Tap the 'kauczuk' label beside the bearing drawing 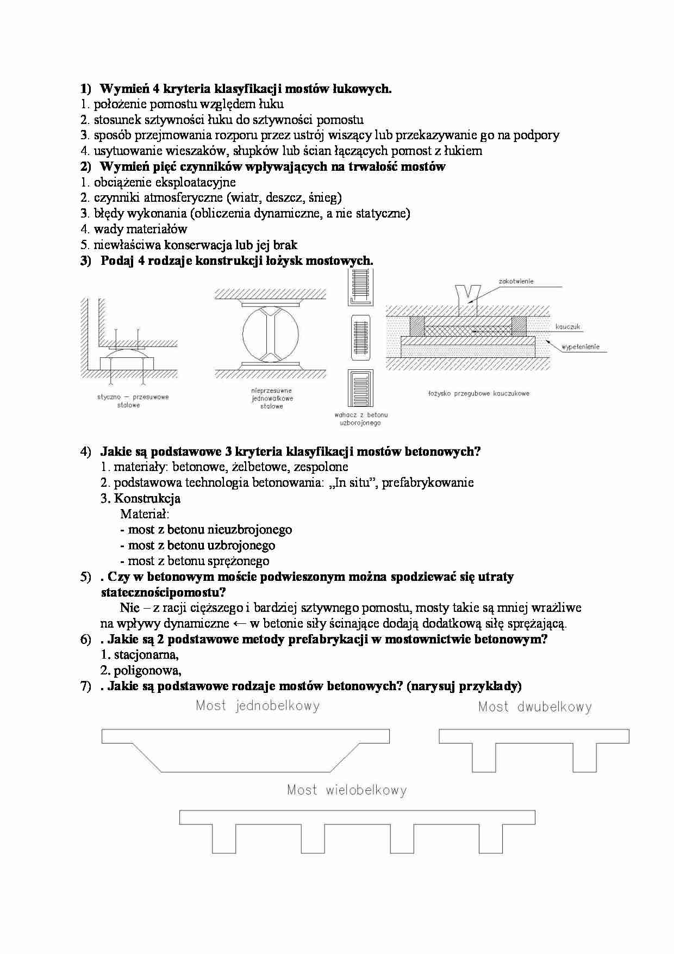[568, 327]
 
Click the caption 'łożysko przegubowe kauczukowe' [478, 393]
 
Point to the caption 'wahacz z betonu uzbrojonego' [360, 419]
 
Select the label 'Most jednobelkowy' [258, 706]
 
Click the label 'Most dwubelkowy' [535, 707]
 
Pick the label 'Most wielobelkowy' [347, 790]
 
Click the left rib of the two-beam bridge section [484, 757]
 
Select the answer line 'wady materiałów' [140, 229]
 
